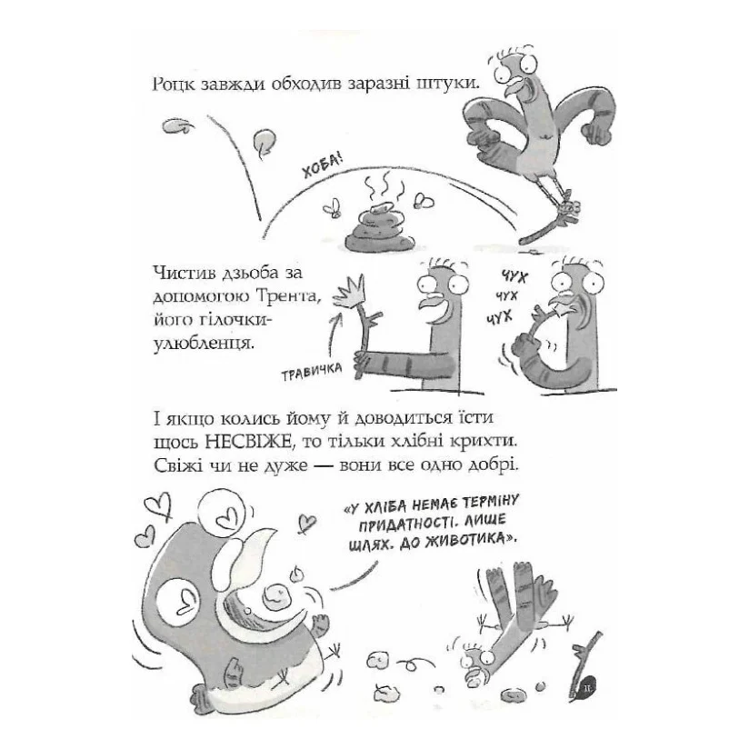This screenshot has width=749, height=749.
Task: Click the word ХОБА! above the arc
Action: click(x=323, y=166)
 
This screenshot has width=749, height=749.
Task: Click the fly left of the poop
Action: click(x=332, y=209)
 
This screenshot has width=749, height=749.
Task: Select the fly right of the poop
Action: click(x=424, y=201)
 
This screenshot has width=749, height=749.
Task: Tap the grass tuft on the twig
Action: click(x=350, y=291)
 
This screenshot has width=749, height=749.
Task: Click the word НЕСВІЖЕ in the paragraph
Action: click(x=247, y=442)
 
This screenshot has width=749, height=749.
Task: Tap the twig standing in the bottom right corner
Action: click(x=585, y=665)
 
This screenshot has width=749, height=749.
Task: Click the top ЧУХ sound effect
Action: click(x=514, y=275)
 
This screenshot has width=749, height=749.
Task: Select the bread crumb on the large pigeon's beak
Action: click(x=277, y=594)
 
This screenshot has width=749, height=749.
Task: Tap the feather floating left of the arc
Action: click(x=178, y=126)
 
